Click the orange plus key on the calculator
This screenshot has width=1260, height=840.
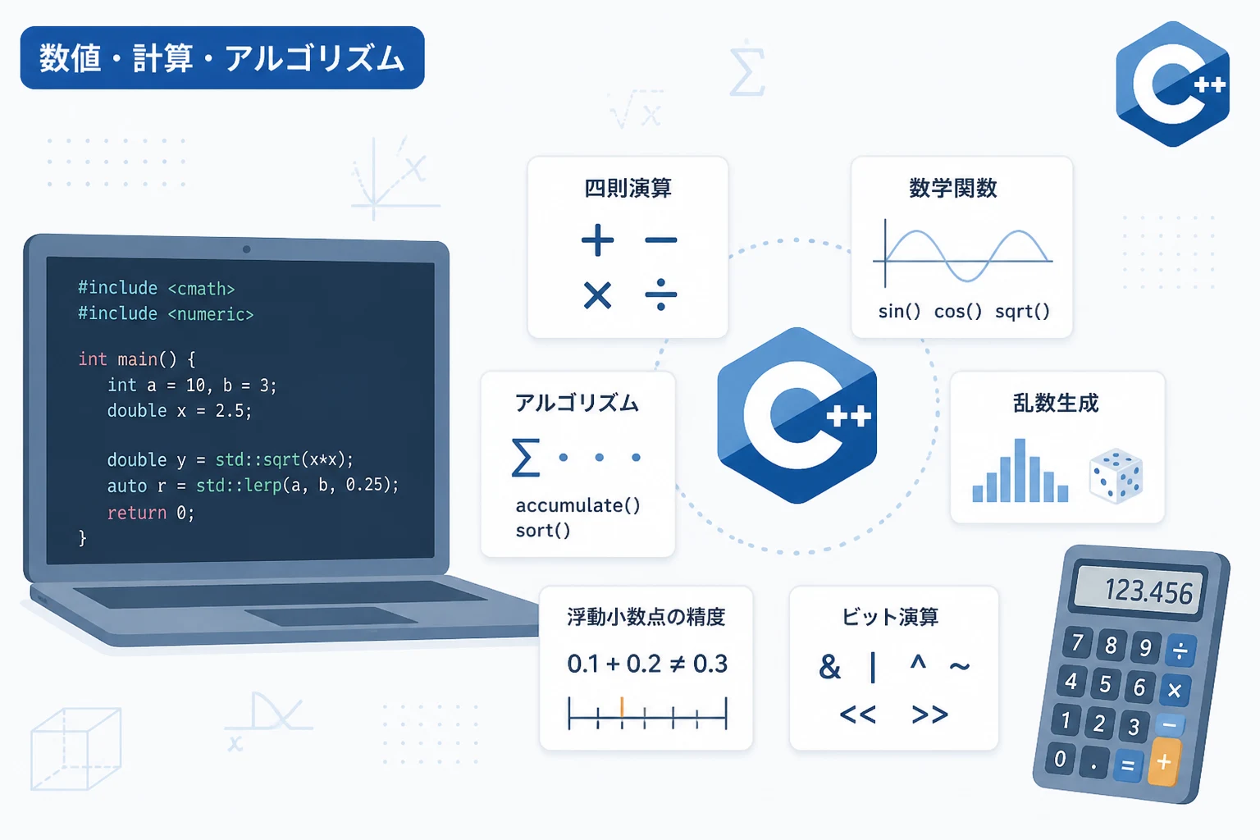pos(1164,762)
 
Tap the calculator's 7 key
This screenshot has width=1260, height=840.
pos(1077,642)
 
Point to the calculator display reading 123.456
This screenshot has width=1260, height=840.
pos(1139,590)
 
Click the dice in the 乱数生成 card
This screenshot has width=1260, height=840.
pos(1116,476)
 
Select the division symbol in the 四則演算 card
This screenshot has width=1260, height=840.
pos(661,294)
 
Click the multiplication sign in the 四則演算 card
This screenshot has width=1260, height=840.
pos(597,294)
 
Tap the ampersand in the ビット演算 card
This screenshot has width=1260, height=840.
pos(829,667)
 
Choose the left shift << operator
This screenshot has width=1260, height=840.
pos(858,714)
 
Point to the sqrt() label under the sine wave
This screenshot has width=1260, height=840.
pos(1022,312)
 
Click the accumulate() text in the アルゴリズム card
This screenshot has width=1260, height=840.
pos(577,505)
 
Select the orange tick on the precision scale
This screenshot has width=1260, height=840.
pos(622,707)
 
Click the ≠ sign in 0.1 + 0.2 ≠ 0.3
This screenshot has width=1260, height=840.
pos(678,664)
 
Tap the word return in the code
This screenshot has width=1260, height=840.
pos(137,513)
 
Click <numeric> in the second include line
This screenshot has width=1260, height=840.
pos(211,314)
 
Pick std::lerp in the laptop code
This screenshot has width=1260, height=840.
pos(239,485)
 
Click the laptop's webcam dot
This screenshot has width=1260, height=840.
pos(246,249)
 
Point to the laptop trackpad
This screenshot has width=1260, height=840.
pos(332,616)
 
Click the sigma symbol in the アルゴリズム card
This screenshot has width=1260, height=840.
pos(526,458)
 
